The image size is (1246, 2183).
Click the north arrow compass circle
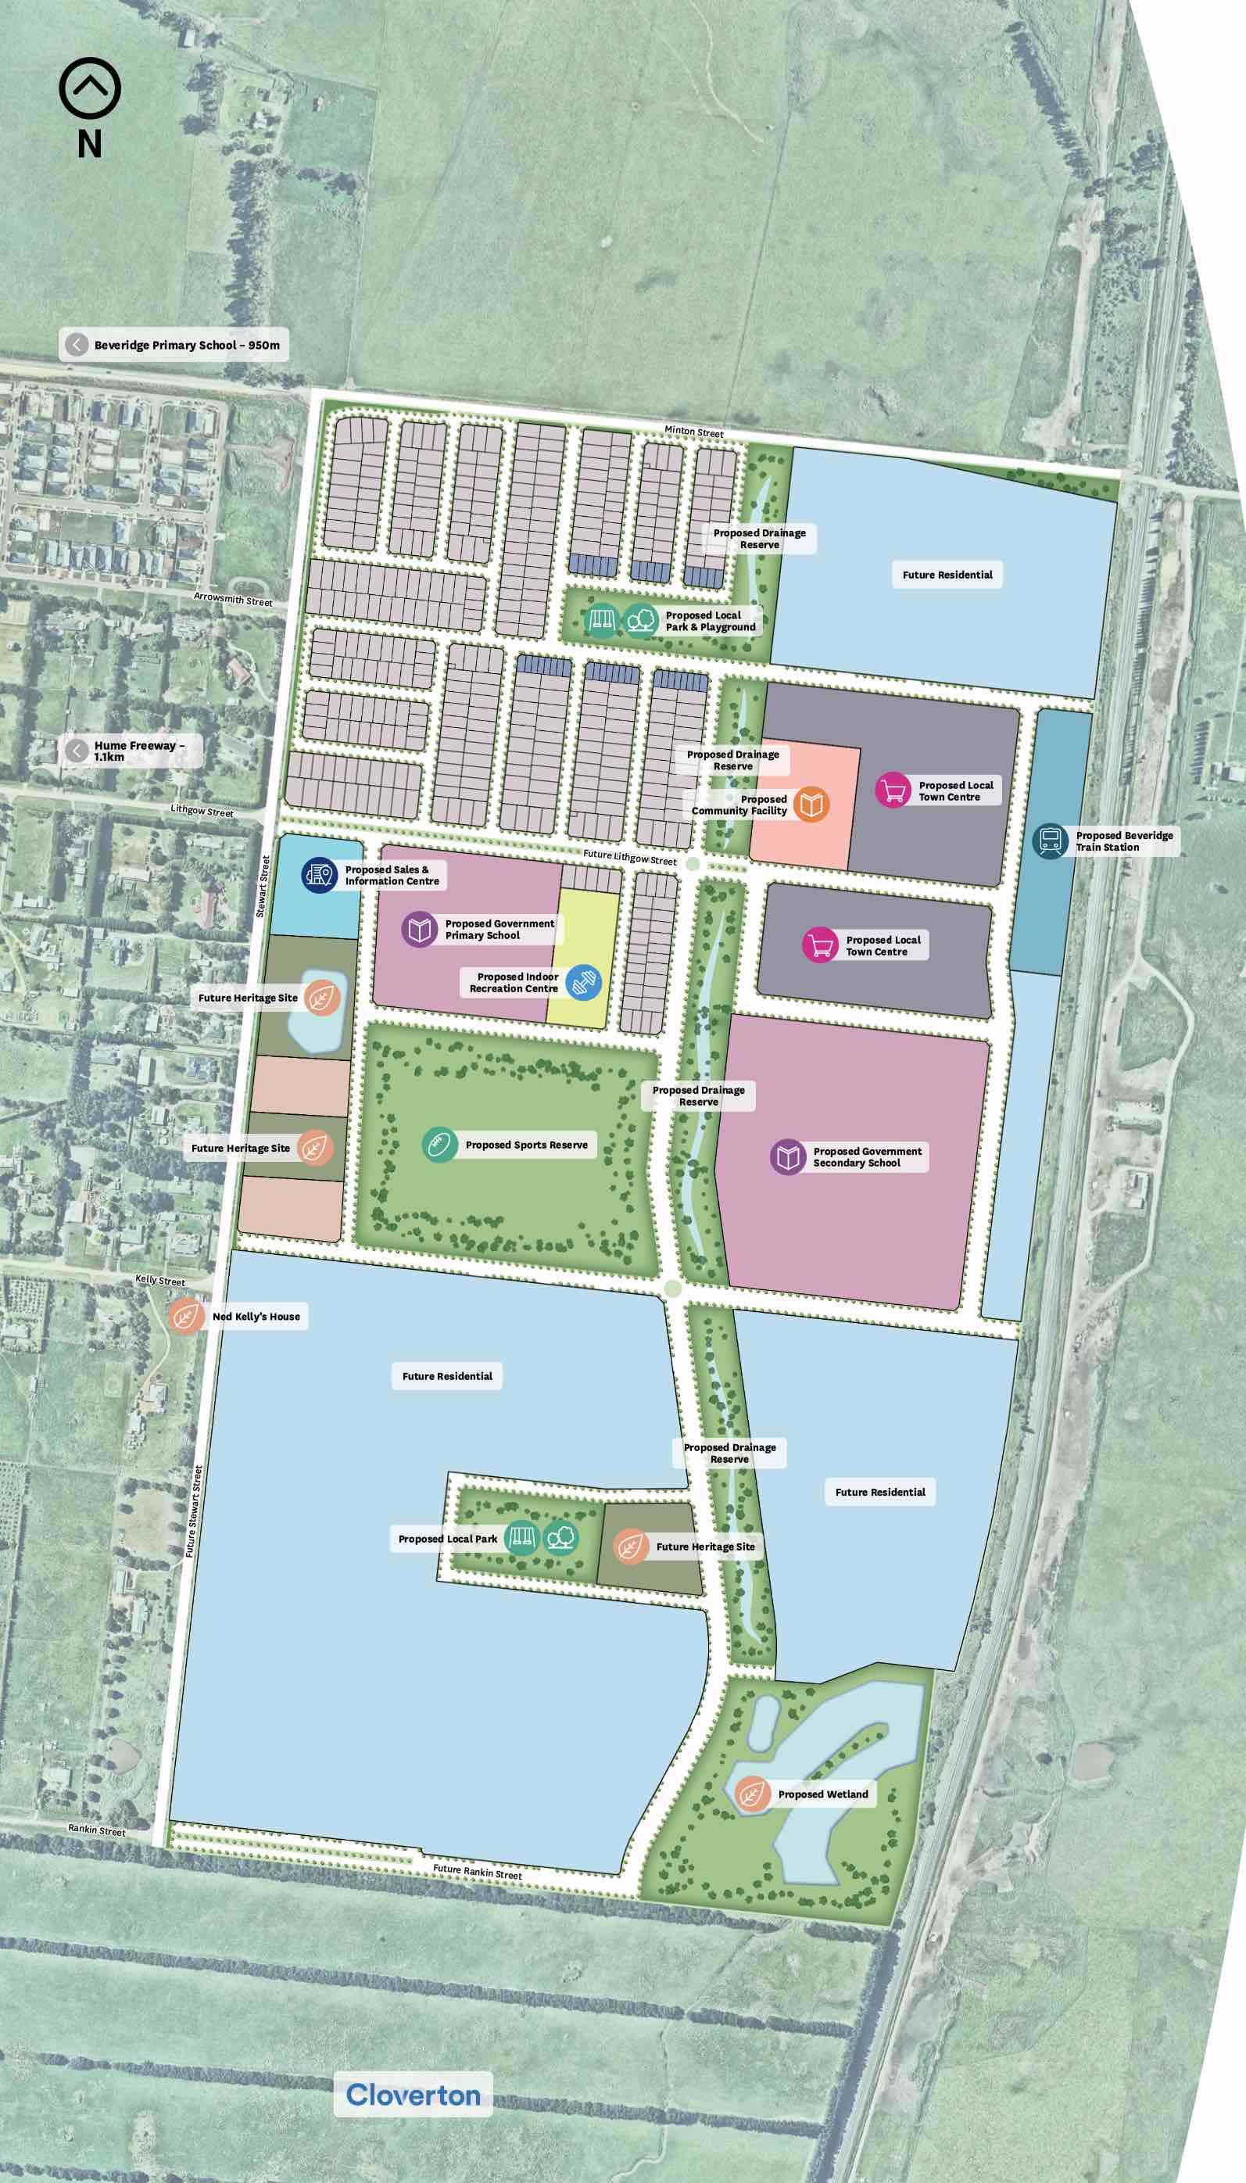tap(90, 88)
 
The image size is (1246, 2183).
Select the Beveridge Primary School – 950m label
tap(174, 345)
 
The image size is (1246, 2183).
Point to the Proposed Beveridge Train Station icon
tap(1050, 841)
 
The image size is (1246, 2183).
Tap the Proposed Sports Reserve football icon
tap(439, 1144)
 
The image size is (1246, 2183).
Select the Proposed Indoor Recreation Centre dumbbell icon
tap(584, 981)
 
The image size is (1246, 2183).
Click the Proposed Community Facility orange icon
tap(811, 804)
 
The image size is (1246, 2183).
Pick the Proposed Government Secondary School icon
tap(787, 1157)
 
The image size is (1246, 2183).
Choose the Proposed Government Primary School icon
tap(419, 930)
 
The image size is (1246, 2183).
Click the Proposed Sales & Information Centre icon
tap(319, 875)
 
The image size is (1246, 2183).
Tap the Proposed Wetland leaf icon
tap(751, 1794)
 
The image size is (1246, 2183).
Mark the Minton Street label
tap(694, 432)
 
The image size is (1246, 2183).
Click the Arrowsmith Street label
tap(233, 599)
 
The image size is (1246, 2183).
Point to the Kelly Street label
tap(160, 1280)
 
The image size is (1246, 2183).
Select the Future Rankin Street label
tap(477, 1873)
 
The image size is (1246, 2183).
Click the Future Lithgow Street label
tap(630, 857)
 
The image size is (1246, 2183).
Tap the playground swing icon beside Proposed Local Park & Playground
tap(602, 619)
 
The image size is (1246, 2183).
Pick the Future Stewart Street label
tap(195, 1511)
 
